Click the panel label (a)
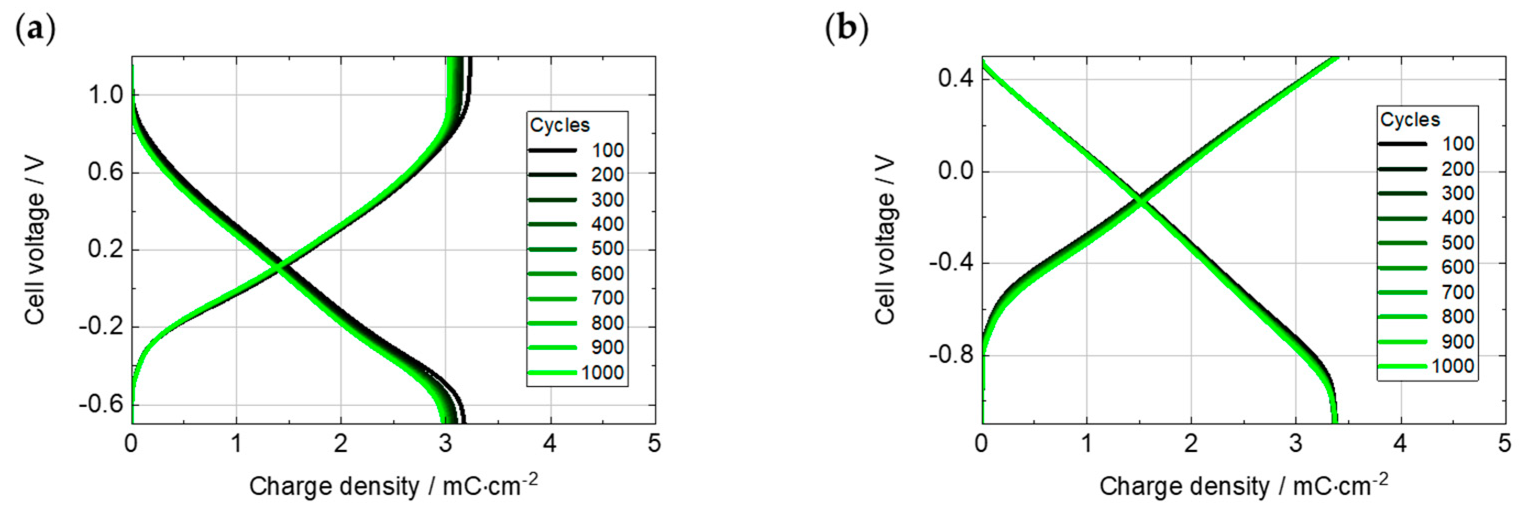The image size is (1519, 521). (35, 29)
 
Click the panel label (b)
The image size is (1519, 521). (847, 29)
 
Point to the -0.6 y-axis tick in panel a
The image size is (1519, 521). (101, 405)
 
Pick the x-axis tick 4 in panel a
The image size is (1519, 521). (550, 443)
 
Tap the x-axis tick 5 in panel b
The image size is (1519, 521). (1505, 443)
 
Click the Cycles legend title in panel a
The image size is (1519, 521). (560, 125)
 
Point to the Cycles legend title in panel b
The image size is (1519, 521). (1410, 120)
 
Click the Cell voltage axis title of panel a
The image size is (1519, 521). (35, 240)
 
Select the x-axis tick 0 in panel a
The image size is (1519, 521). (131, 443)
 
